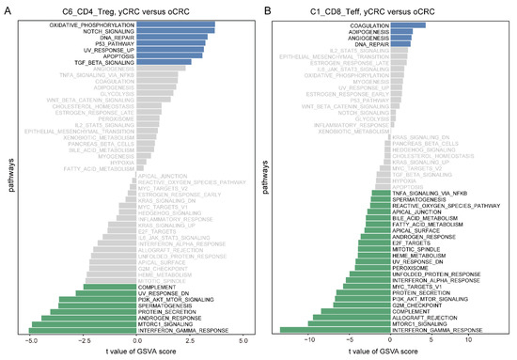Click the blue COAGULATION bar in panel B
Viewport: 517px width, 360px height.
tap(409, 25)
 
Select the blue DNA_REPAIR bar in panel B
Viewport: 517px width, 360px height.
tap(402, 44)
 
